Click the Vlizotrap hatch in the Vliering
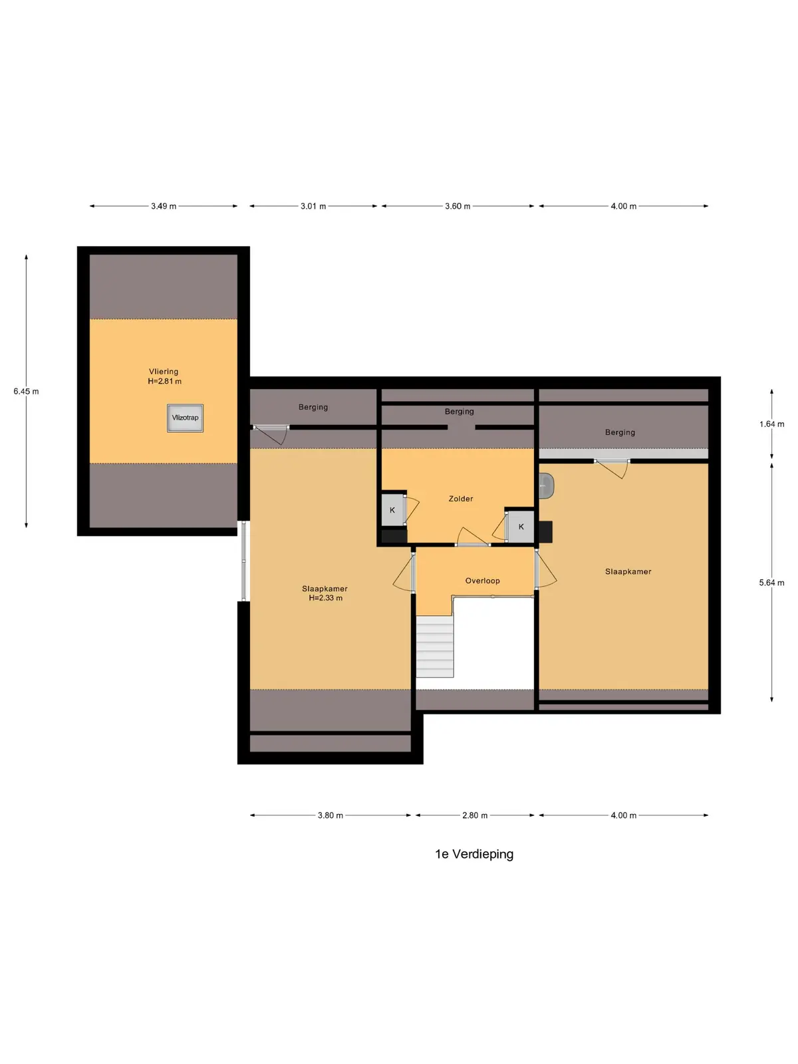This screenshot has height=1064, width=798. [x=185, y=418]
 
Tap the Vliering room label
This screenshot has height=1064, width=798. [x=164, y=372]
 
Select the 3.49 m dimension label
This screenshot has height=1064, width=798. [x=164, y=206]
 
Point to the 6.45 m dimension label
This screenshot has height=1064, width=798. [x=26, y=391]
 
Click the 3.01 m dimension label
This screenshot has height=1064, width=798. [x=313, y=206]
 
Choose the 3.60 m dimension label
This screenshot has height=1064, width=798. [x=458, y=206]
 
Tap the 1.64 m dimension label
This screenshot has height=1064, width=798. [x=772, y=424]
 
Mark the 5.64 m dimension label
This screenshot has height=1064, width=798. [x=772, y=583]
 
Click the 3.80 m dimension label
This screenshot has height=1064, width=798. [x=331, y=815]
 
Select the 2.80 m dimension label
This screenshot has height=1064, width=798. [x=475, y=815]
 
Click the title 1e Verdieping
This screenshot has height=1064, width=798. [x=474, y=854]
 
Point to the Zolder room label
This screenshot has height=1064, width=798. [x=461, y=498]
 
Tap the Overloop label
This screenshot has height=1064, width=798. [x=483, y=581]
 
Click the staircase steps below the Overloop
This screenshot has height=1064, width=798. [x=435, y=646]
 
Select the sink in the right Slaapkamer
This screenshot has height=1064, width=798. [x=547, y=485]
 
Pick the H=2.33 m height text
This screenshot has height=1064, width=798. [x=326, y=598]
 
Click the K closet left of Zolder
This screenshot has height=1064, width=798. [x=393, y=509]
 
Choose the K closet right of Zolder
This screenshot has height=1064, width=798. [x=521, y=527]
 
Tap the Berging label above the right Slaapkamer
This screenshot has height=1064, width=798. [x=620, y=432]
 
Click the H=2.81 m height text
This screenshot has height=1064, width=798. [x=165, y=382]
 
